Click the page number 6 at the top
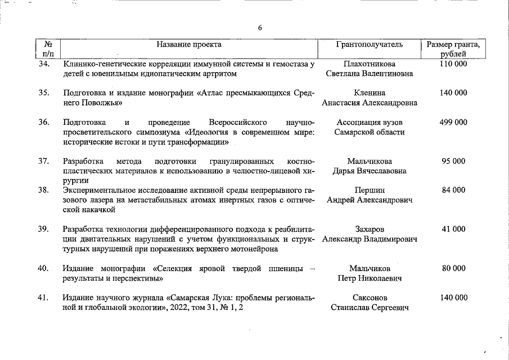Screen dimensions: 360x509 pyautogui.click(x=260, y=28)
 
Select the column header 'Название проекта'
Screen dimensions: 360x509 pyautogui.click(x=189, y=44)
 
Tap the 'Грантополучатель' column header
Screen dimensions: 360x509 pyautogui.click(x=370, y=44)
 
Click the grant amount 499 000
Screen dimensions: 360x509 pyautogui.click(x=453, y=122)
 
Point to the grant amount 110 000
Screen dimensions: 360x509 pyautogui.click(x=453, y=64)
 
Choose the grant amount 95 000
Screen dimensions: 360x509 pyautogui.click(x=453, y=161)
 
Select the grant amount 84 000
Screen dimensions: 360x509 pyautogui.click(x=453, y=190)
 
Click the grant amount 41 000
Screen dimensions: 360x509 pyautogui.click(x=453, y=229)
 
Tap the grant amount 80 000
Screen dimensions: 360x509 pyautogui.click(x=453, y=268)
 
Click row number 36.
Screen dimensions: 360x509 pyautogui.click(x=44, y=122)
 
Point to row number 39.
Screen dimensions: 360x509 pyautogui.click(x=44, y=229)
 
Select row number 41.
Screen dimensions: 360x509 pyautogui.click(x=44, y=298)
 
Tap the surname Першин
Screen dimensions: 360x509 pyautogui.click(x=370, y=190)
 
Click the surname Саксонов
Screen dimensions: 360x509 pyautogui.click(x=370, y=298)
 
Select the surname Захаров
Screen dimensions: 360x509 pyautogui.click(x=370, y=229)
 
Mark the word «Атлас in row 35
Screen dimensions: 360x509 pyautogui.click(x=209, y=93)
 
